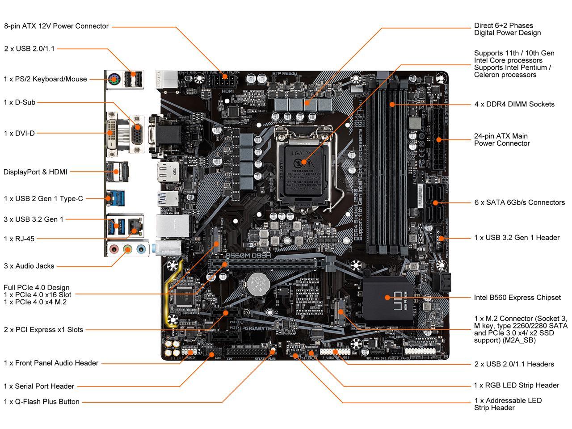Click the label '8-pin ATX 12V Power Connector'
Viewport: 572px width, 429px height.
56,26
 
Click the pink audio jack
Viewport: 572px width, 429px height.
114,248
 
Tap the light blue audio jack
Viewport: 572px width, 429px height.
141,248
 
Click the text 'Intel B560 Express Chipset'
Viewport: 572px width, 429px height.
517,298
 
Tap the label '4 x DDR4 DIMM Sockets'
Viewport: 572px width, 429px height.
514,104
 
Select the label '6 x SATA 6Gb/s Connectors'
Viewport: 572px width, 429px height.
519,202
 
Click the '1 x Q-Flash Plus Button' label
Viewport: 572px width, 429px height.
42,402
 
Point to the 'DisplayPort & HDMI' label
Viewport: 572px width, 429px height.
35,172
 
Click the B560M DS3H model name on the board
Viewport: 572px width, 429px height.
248,255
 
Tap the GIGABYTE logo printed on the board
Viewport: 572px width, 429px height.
256,328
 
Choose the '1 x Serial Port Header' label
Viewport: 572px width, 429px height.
39,386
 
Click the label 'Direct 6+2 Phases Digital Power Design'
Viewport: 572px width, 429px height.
507,29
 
